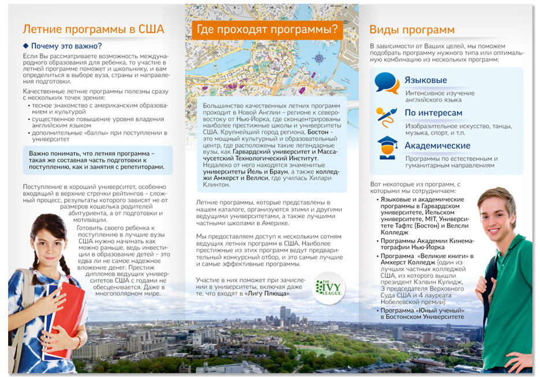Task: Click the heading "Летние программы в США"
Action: tap(93, 29)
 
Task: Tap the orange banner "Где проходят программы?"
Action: tap(267, 29)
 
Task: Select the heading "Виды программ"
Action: tap(412, 30)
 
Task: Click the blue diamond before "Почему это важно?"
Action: tap(25, 46)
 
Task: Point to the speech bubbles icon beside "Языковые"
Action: tap(386, 83)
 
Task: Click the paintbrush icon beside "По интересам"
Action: tap(386, 116)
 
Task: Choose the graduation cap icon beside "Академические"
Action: tap(387, 148)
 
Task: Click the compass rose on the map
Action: tap(318, 58)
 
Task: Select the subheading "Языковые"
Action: tap(425, 80)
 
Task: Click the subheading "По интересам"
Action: tap(433, 113)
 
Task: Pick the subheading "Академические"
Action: tap(437, 146)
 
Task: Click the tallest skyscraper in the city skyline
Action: tap(283, 314)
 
